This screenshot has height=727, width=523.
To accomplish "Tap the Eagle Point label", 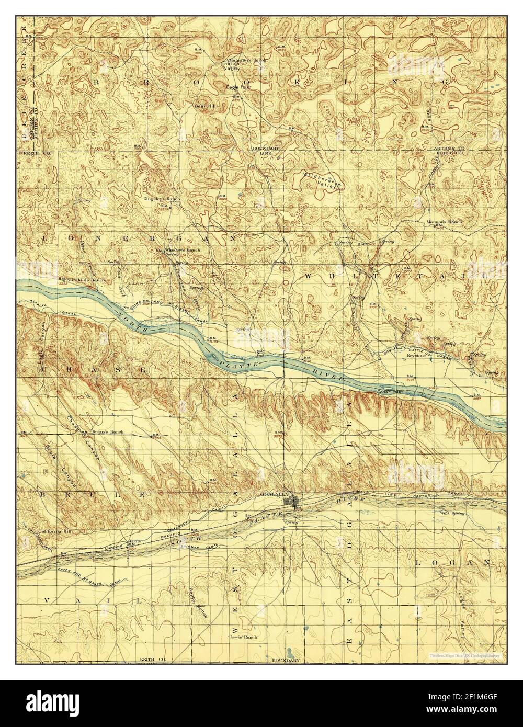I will click(238, 87).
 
